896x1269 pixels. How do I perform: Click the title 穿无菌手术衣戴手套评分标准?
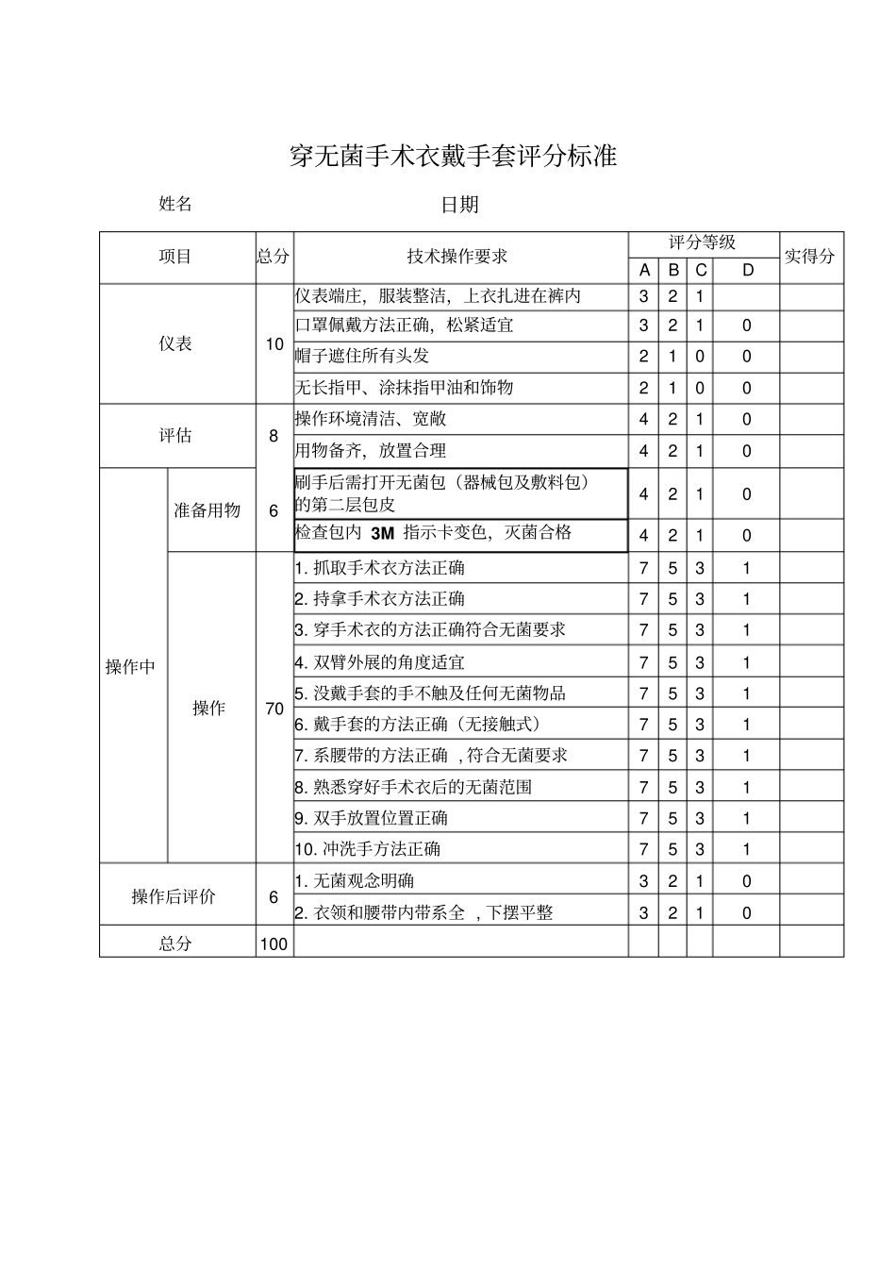pyautogui.click(x=453, y=157)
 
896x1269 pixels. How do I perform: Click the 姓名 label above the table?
pyautogui.click(x=175, y=204)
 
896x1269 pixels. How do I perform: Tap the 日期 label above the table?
pyautogui.click(x=459, y=205)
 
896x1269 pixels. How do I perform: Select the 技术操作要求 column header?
pyautogui.click(x=457, y=257)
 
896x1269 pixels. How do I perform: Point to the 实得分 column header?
pyautogui.click(x=810, y=256)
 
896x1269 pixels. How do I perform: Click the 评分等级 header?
pyautogui.click(x=702, y=242)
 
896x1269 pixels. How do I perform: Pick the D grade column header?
pyautogui.click(x=747, y=271)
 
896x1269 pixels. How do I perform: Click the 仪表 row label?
pyautogui.click(x=175, y=344)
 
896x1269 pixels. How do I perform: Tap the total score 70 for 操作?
pyautogui.click(x=274, y=708)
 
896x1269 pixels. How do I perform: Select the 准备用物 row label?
pyautogui.click(x=207, y=510)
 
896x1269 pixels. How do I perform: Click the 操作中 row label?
pyautogui.click(x=131, y=667)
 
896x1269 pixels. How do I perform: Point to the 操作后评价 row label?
pyautogui.click(x=174, y=896)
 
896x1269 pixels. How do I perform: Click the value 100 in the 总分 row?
pyautogui.click(x=274, y=943)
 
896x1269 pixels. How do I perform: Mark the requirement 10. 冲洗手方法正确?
pyautogui.click(x=367, y=849)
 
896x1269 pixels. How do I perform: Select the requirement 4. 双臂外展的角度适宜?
pyautogui.click(x=379, y=662)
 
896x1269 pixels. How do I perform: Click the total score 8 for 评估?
pyautogui.click(x=274, y=436)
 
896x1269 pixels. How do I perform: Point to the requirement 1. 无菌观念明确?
pyautogui.click(x=354, y=881)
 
